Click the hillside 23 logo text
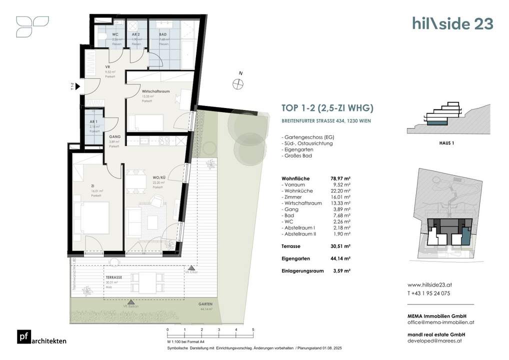pyautogui.click(x=452, y=23)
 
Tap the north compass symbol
pyautogui.click(x=238, y=84)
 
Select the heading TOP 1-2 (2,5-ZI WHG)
pyautogui.click(x=328, y=107)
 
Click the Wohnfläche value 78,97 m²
pyautogui.click(x=340, y=178)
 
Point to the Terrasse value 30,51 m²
pyautogui.click(x=340, y=246)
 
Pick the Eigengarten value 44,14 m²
pyautogui.click(x=340, y=258)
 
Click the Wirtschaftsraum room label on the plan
pyautogui.click(x=153, y=92)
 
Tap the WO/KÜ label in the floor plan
pyautogui.click(x=159, y=177)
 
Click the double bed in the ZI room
pyautogui.click(x=94, y=218)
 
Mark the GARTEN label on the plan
pyautogui.click(x=204, y=304)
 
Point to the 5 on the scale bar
pyautogui.click(x=253, y=330)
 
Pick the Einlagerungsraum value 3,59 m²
pyautogui.click(x=341, y=270)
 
